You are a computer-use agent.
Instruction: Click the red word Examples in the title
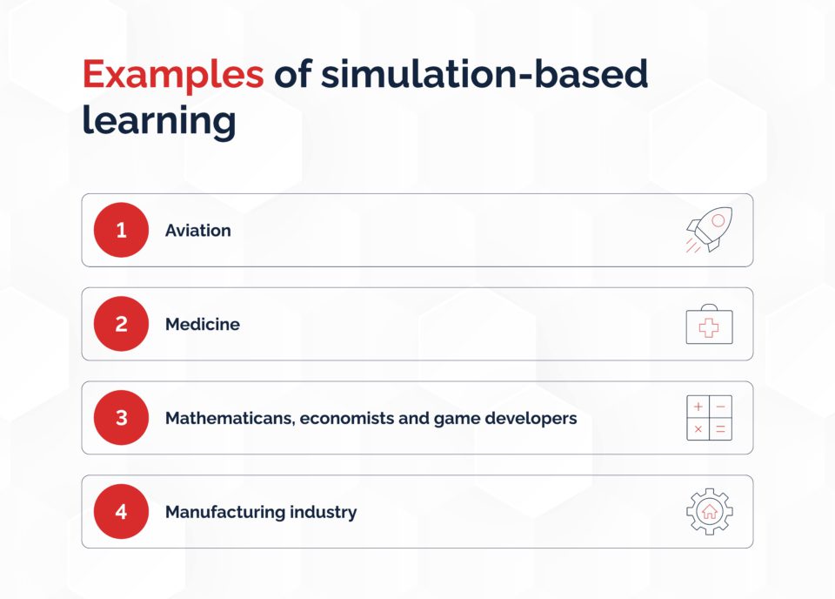point(173,75)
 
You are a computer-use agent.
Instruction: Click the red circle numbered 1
point(121,230)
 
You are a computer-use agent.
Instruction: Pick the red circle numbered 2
point(121,324)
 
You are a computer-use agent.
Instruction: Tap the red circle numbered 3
point(121,418)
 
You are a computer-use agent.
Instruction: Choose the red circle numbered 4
point(121,512)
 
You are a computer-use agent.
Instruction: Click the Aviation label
point(198,231)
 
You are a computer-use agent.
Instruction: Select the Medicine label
point(203,325)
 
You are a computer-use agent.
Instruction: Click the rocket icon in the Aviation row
point(709,231)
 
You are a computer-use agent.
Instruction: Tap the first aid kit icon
point(709,325)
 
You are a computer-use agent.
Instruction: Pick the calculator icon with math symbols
point(709,418)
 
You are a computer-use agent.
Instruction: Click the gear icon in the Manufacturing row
point(709,512)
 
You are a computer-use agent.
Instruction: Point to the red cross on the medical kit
point(709,328)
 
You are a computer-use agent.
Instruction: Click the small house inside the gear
point(709,512)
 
